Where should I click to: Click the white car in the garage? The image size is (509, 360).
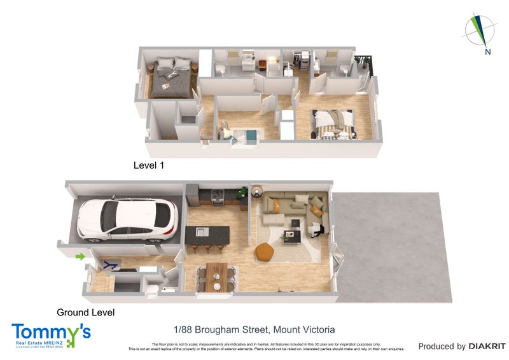click(x=127, y=220)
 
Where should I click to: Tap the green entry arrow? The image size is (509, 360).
click(x=80, y=256)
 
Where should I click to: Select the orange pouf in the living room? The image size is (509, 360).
click(x=265, y=253)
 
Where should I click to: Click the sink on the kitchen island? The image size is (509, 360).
click(x=201, y=231)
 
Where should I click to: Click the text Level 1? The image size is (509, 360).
click(x=149, y=165)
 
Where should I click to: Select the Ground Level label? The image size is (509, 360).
click(x=85, y=312)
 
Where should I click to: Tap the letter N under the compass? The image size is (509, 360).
click(x=487, y=52)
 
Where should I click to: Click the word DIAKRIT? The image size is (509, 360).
click(x=487, y=347)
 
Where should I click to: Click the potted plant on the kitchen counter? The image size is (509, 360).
click(x=242, y=192)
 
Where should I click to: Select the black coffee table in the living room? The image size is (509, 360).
click(x=291, y=237)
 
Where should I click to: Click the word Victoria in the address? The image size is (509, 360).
click(x=317, y=329)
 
